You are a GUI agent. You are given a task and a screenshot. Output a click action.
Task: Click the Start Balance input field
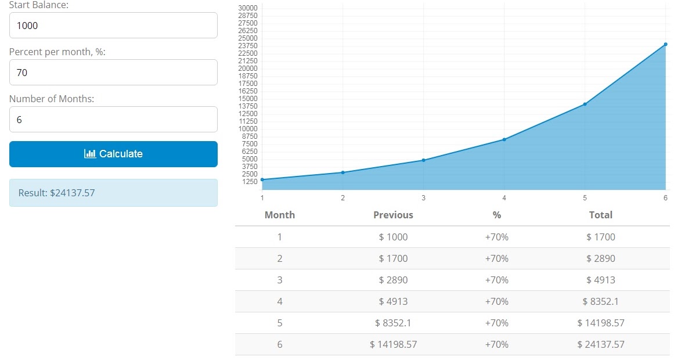(x=113, y=26)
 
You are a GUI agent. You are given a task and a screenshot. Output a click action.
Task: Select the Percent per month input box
(x=113, y=73)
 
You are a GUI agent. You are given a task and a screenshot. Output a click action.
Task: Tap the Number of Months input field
(x=113, y=120)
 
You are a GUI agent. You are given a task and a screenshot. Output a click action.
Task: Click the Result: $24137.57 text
(x=56, y=193)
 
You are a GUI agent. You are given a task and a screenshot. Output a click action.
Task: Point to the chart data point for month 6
(x=665, y=44)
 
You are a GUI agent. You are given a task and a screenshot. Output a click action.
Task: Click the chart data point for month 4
(x=504, y=139)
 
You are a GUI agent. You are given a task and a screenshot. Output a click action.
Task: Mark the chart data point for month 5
(x=585, y=104)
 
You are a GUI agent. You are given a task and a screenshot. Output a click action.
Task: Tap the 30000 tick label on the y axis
(x=248, y=8)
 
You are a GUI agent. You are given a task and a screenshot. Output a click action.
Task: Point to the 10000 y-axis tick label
(x=248, y=129)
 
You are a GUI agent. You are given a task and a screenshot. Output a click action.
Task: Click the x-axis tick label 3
(x=423, y=198)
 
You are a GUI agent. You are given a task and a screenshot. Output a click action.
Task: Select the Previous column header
(x=393, y=215)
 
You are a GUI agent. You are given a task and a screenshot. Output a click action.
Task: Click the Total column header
(x=600, y=215)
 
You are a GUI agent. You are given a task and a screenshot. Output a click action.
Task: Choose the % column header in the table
(x=496, y=215)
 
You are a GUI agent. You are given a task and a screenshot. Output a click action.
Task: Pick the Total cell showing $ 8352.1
(x=600, y=301)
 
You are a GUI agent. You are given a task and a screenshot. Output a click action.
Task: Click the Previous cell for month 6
(x=393, y=344)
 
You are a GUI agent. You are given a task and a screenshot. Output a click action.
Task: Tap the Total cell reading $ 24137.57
(x=600, y=344)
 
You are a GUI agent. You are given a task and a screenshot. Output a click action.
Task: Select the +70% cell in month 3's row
(x=496, y=280)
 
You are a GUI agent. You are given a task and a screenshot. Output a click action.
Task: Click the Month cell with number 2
(x=279, y=258)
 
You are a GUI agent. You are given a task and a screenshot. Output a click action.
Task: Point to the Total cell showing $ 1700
(x=600, y=237)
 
